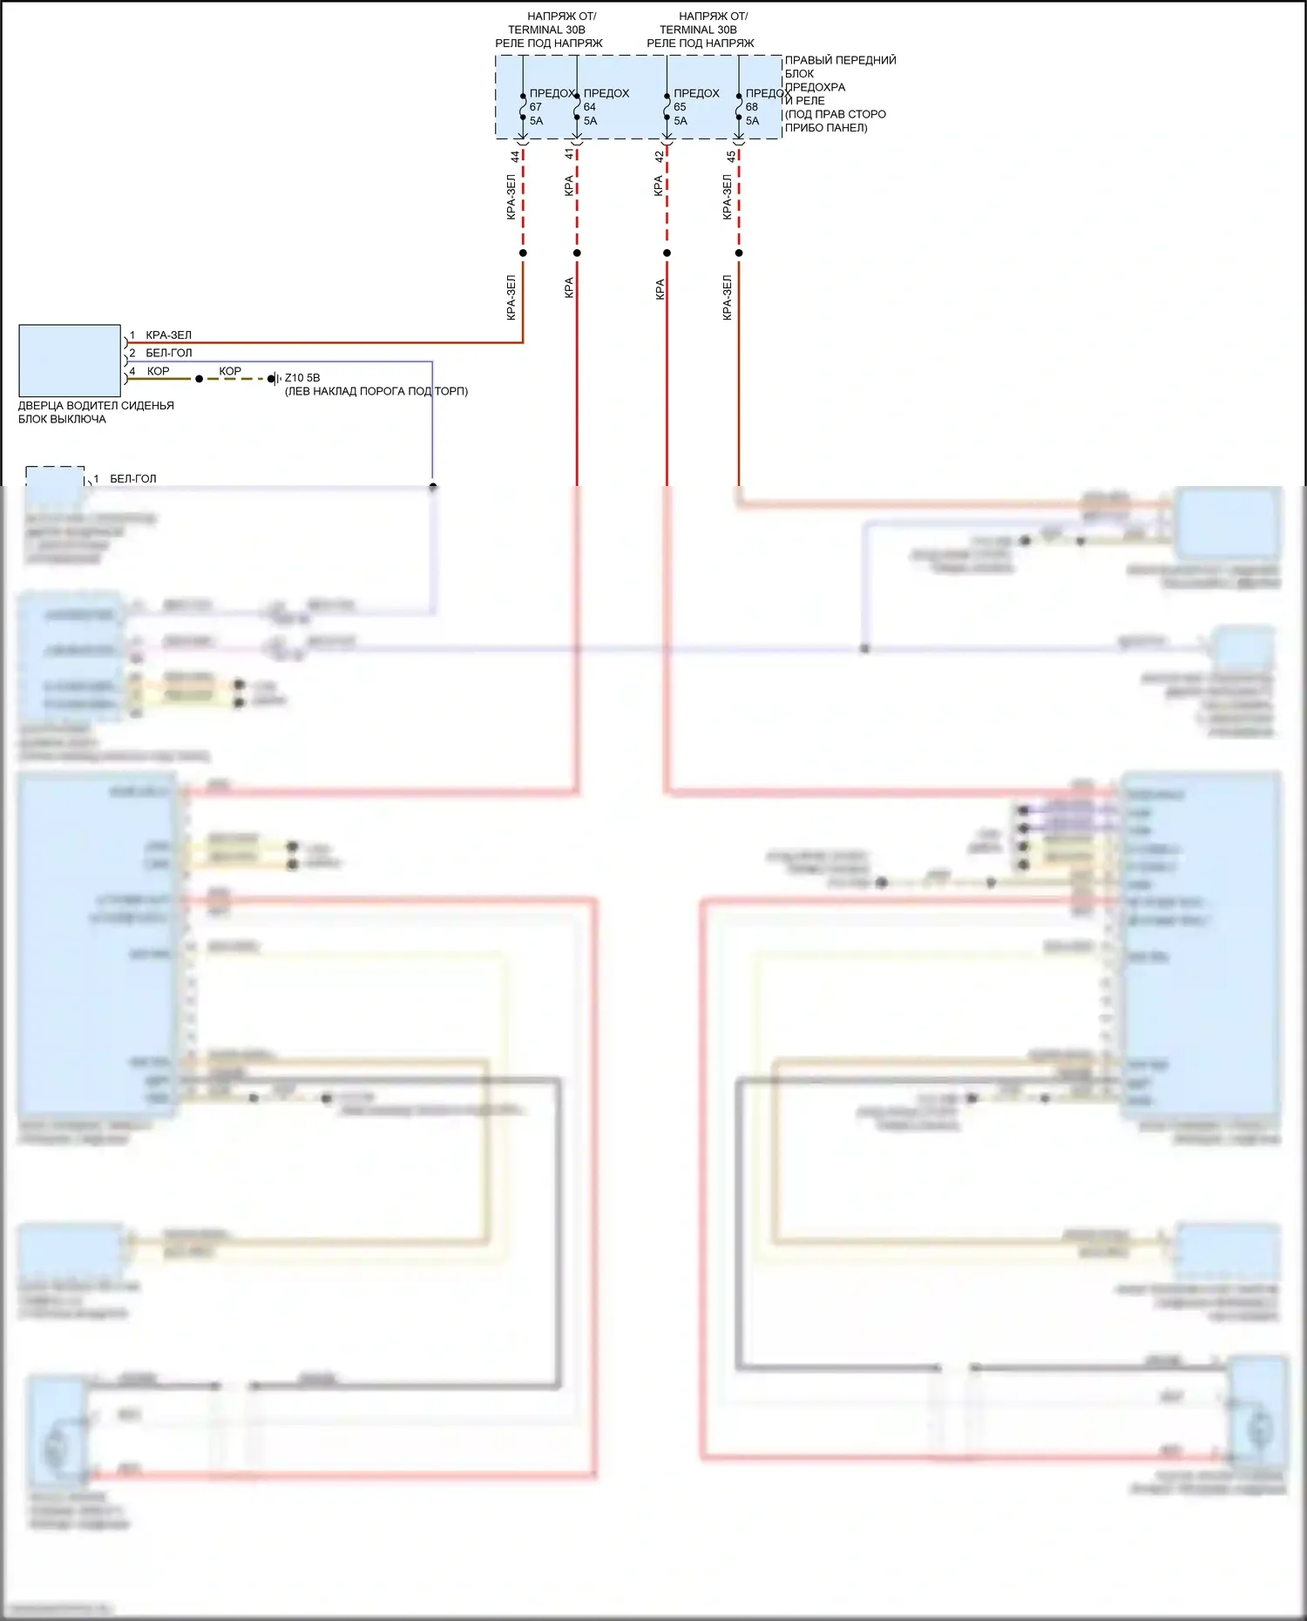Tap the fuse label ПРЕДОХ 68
point(767,94)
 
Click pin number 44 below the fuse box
point(515,157)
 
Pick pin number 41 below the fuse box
point(569,154)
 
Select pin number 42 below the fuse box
point(659,157)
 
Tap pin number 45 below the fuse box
point(731,157)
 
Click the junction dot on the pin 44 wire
point(523,253)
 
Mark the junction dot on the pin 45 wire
point(739,253)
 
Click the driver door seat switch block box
point(70,361)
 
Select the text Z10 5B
point(302,378)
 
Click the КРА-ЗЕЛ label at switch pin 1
point(168,335)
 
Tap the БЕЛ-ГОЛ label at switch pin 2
point(168,354)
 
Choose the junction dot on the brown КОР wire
point(200,379)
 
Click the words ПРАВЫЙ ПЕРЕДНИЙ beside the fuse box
point(840,60)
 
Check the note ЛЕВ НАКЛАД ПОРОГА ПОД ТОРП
point(376,392)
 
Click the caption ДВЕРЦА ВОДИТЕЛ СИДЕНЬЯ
point(96,406)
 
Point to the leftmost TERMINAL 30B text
point(546,30)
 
